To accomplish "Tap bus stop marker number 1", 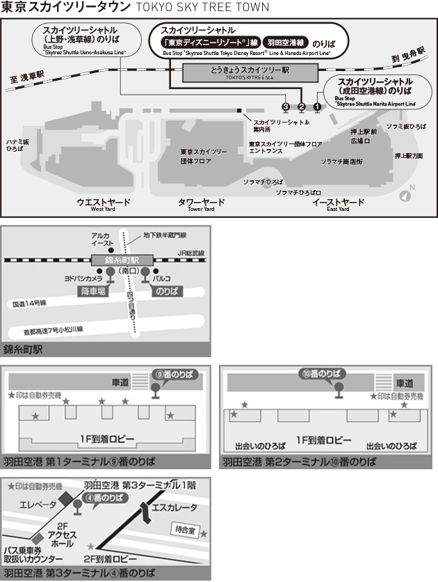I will tap(318, 107).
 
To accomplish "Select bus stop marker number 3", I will tap(285, 107).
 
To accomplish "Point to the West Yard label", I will tap(103, 204).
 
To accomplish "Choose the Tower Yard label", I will tap(202, 204).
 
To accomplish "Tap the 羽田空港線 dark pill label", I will tap(286, 42).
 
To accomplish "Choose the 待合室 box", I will tap(184, 530).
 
